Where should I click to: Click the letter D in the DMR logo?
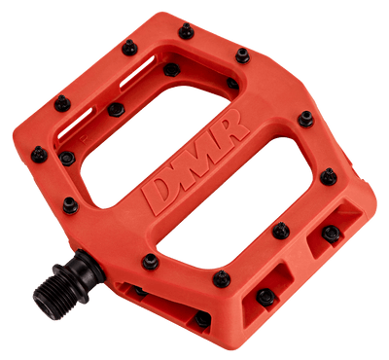point(159,193)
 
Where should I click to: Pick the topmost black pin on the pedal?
point(187,31)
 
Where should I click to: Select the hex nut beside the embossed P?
point(67,159)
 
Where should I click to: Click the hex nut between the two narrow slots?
point(116,110)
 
